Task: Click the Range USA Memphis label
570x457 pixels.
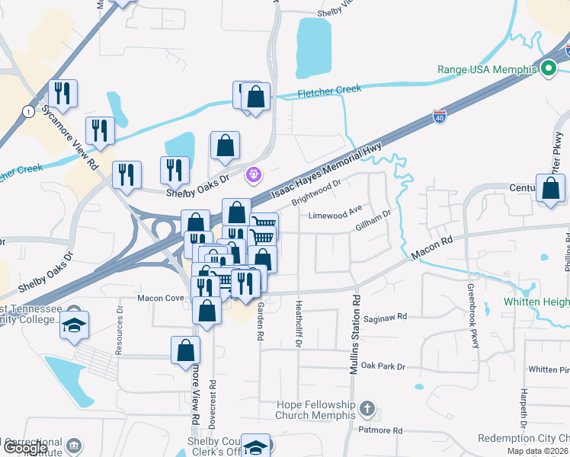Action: coord(487,69)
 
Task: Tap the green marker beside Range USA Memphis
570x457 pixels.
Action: coord(548,70)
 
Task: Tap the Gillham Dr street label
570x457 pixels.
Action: coord(373,222)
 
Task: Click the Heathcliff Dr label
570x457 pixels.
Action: coord(299,324)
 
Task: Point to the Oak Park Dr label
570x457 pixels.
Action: coord(383,366)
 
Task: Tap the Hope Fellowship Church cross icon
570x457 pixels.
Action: coord(367,409)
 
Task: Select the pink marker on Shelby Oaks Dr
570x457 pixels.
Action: coord(255,175)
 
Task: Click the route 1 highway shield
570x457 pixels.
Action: coord(28,111)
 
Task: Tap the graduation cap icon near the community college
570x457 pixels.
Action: coord(74,324)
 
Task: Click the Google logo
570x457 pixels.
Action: coord(24,448)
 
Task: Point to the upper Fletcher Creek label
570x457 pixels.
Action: coord(329,90)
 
